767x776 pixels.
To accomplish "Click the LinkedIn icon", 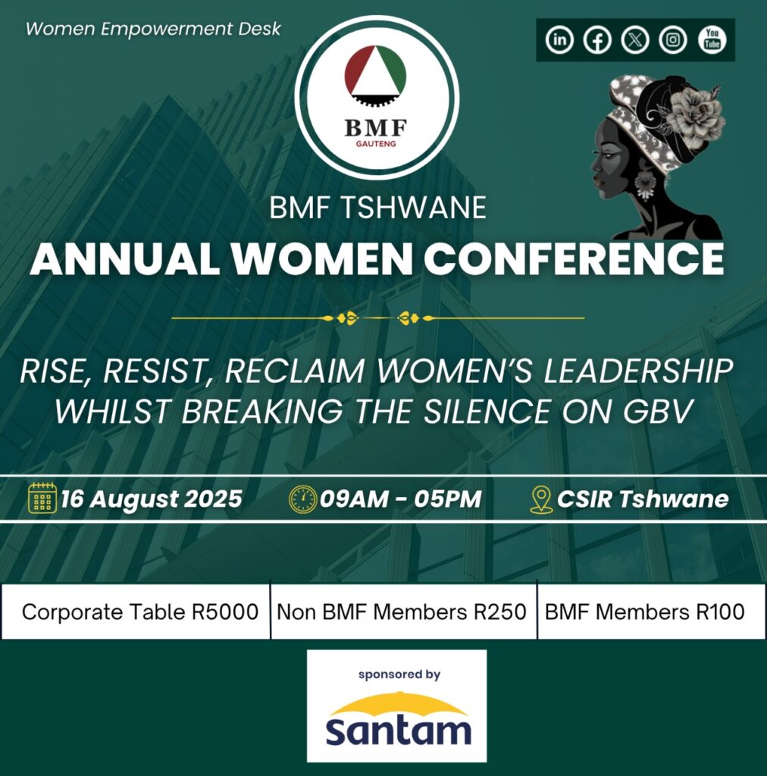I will pyautogui.click(x=559, y=39).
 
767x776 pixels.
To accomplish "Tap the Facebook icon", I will pyautogui.click(x=597, y=39).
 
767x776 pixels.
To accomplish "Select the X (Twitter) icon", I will pyautogui.click(x=635, y=39).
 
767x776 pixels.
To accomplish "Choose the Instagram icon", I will pyautogui.click(x=673, y=39).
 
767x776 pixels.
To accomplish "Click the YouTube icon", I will pyautogui.click(x=712, y=39).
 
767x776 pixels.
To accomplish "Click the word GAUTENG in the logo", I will pyautogui.click(x=376, y=142).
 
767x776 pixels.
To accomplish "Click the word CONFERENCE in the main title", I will pyautogui.click(x=574, y=260).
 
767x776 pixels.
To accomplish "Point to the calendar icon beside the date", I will pyautogui.click(x=42, y=499).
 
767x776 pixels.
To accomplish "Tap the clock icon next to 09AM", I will pyautogui.click(x=302, y=499).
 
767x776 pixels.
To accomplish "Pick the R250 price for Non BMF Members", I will pyautogui.click(x=500, y=612).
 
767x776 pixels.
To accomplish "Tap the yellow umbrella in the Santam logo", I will pyautogui.click(x=397, y=703).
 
